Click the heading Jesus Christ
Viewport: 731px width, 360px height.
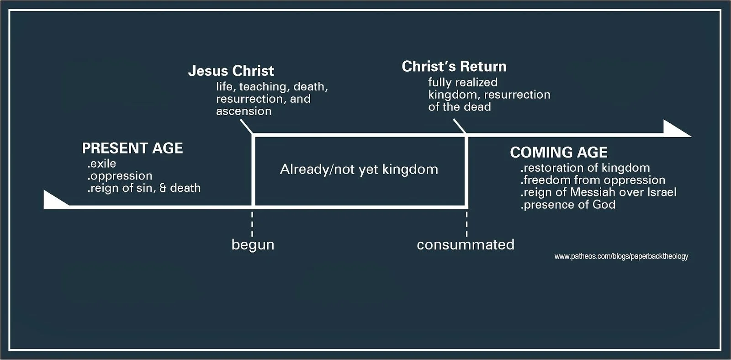coord(231,71)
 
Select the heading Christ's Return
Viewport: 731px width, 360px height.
coord(454,67)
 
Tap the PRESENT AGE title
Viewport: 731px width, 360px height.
coord(132,148)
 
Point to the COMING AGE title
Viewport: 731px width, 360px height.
coord(559,152)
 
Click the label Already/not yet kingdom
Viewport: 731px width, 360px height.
coord(359,169)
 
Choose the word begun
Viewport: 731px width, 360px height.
coord(253,244)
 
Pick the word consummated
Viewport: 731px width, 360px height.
coord(466,244)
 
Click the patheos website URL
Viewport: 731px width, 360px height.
coord(621,256)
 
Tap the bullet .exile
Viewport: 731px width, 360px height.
coord(101,164)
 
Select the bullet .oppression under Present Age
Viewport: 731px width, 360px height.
coord(120,176)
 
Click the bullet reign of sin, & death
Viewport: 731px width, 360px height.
coord(144,188)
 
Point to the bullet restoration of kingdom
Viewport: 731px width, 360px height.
coord(585,168)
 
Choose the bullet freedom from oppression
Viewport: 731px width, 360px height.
coord(593,180)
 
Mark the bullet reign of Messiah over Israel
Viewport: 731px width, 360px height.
coord(598,192)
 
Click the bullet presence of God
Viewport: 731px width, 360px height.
coord(568,205)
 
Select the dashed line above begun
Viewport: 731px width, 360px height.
coord(253,223)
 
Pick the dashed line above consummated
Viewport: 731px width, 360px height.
coord(466,223)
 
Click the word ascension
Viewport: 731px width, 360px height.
coord(244,111)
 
